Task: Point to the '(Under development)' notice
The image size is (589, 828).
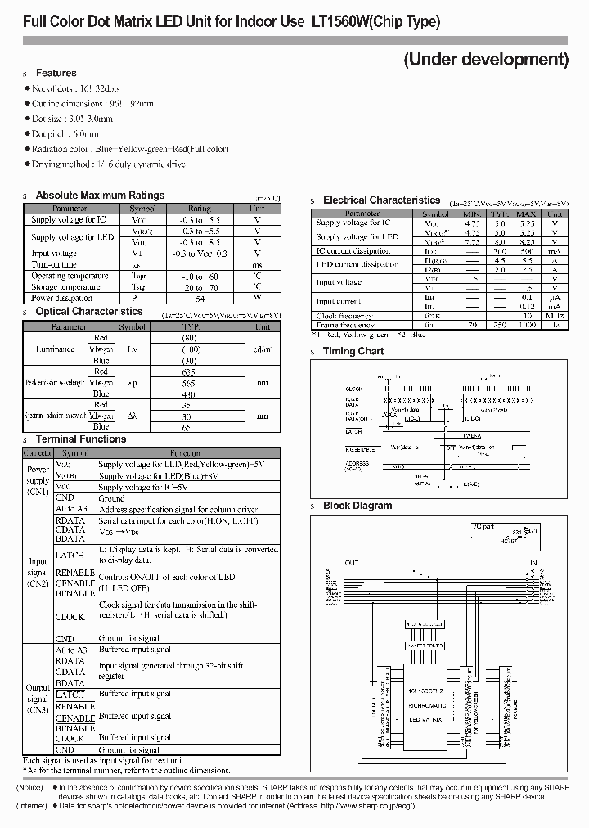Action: click(x=486, y=59)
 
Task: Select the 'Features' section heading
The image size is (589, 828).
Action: click(x=56, y=73)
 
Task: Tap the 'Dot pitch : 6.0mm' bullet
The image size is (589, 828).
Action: click(x=65, y=133)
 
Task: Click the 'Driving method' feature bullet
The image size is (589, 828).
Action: click(x=108, y=164)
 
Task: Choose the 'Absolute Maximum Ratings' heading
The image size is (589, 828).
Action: click(x=100, y=196)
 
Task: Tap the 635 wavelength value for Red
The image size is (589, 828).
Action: click(x=190, y=369)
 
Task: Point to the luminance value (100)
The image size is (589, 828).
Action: click(x=190, y=349)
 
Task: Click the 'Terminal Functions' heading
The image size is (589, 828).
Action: click(x=81, y=439)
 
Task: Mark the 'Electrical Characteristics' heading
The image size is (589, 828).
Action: click(x=381, y=200)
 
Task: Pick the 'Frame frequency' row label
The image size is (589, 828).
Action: click(x=344, y=325)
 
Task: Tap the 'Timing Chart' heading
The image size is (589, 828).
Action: click(x=353, y=351)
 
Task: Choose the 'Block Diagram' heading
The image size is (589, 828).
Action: click(x=357, y=506)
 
